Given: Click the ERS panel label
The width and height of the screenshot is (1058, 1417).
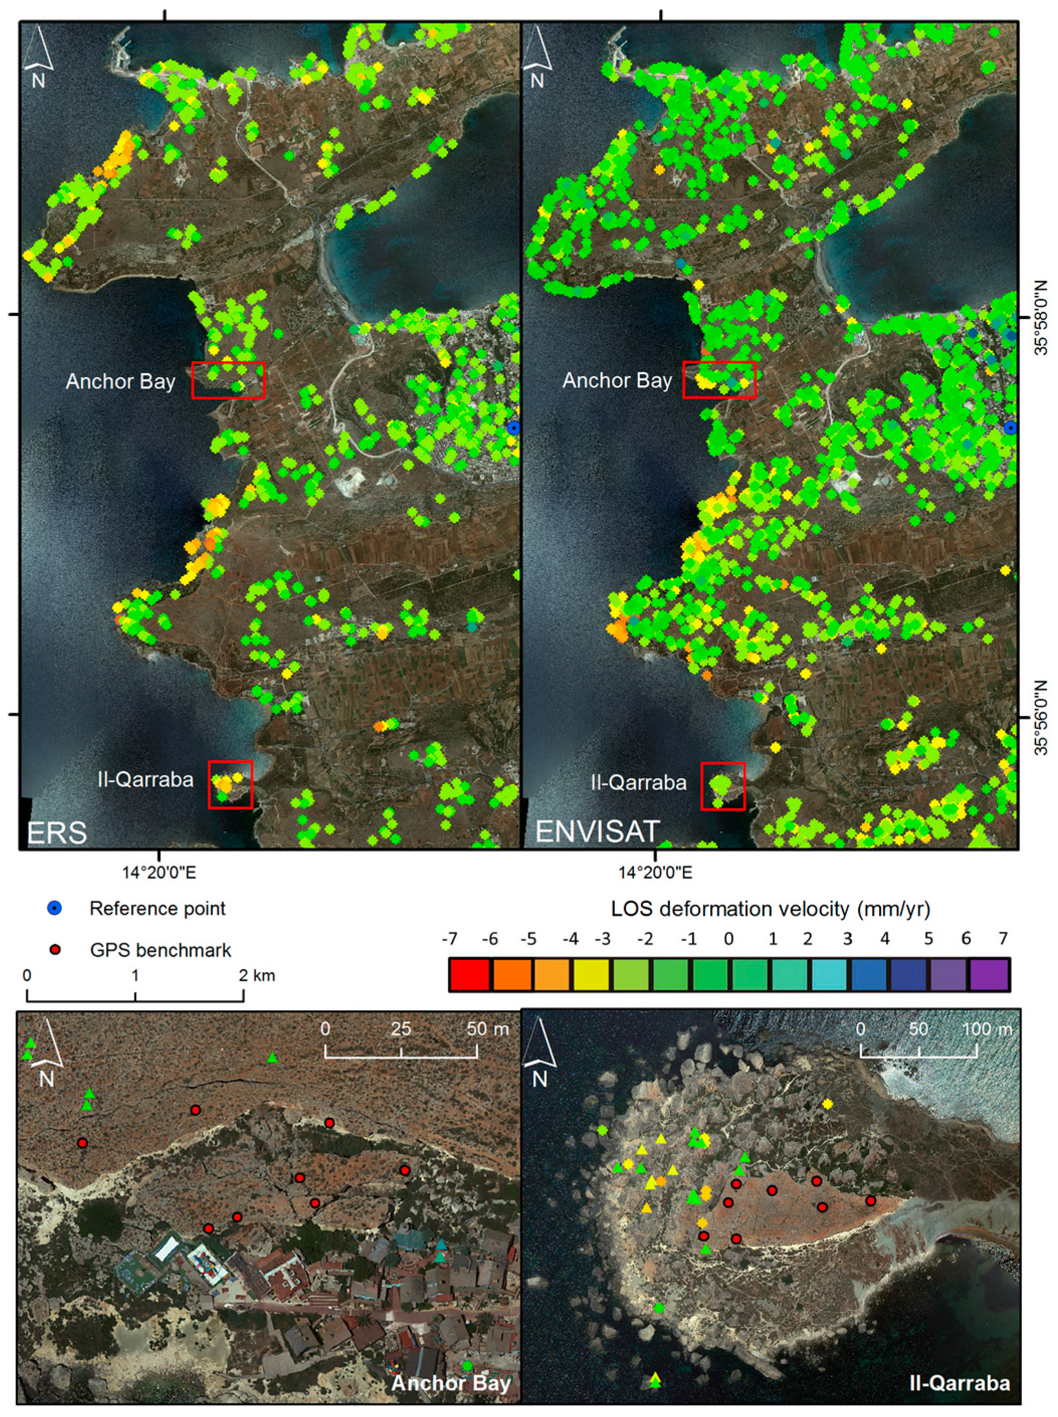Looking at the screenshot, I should pos(56,832).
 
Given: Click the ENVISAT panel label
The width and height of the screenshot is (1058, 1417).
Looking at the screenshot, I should pos(597,831).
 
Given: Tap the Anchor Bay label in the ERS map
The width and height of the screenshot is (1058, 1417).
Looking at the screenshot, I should pos(121,382).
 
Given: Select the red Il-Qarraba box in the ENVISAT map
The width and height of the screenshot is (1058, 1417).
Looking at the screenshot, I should pos(723,786).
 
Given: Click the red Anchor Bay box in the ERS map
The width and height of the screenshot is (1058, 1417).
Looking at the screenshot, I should pos(229,380).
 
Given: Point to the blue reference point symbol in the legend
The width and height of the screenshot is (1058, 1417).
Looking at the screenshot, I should pos(56,908).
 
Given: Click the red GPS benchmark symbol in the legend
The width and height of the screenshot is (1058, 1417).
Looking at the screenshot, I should pos(56,949).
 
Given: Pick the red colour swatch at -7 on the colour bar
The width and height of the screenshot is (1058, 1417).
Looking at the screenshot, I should pos(469,974).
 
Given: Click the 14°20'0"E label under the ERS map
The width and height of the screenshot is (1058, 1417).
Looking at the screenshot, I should pos(160,872).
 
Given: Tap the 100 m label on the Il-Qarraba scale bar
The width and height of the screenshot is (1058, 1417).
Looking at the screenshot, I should pos(986,1029).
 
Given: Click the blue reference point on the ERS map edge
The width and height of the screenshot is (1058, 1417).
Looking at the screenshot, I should pos(513,427).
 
